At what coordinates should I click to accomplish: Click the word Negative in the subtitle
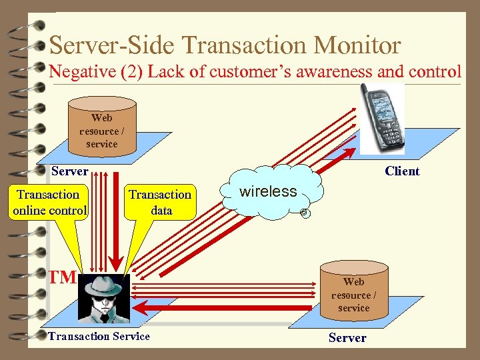pyautogui.click(x=75, y=71)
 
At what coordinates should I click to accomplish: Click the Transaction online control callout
pyautogui.click(x=49, y=202)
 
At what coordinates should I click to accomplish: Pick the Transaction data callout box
pyautogui.click(x=160, y=202)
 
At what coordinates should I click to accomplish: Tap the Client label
pyautogui.click(x=402, y=171)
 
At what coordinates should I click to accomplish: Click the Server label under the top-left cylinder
pyautogui.click(x=70, y=171)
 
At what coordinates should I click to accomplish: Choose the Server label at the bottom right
pyautogui.click(x=347, y=338)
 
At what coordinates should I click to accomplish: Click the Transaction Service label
pyautogui.click(x=99, y=336)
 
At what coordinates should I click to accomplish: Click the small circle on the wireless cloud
pyautogui.click(x=303, y=213)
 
